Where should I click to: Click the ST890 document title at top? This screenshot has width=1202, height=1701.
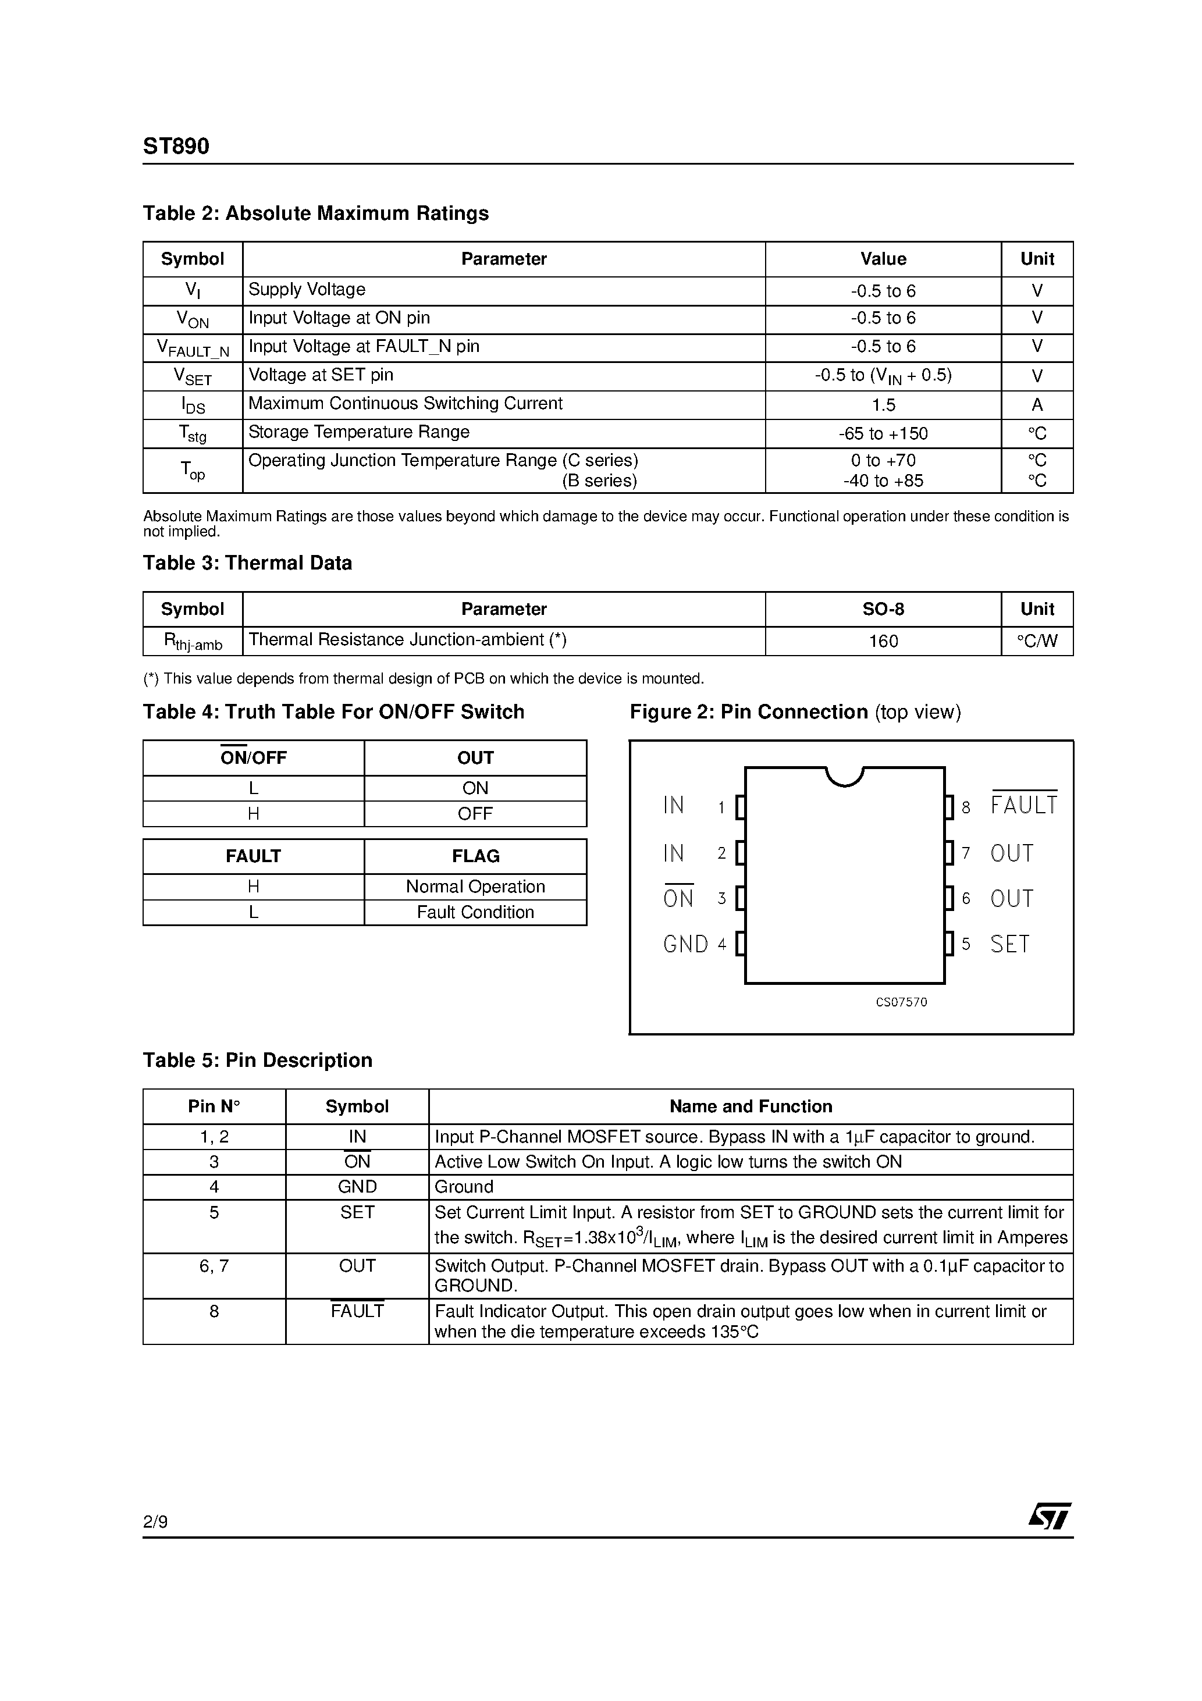click(176, 146)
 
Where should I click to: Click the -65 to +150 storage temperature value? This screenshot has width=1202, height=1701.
click(883, 433)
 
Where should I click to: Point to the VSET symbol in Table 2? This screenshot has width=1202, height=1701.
click(193, 376)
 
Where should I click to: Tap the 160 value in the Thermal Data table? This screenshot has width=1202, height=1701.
click(883, 641)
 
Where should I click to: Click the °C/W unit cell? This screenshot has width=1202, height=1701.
click(1037, 641)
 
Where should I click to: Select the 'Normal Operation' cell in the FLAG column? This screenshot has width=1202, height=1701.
click(475, 887)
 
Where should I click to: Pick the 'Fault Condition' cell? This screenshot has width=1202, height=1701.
click(475, 912)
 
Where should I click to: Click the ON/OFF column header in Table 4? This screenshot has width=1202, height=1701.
click(254, 758)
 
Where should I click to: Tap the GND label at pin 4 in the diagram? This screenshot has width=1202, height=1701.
click(685, 944)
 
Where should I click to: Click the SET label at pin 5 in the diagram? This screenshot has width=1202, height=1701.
click(1009, 944)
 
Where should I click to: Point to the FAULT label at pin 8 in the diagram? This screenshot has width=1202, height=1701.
click(1024, 805)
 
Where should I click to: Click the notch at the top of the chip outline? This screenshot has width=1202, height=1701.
click(844, 775)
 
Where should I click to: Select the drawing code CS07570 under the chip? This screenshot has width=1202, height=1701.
click(901, 1002)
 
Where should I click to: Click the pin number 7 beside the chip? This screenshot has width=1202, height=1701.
click(966, 853)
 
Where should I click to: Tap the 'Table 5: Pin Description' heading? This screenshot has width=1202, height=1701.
click(257, 1060)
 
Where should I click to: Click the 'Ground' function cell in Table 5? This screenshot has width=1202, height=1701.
click(464, 1187)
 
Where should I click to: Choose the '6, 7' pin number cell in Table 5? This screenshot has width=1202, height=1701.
click(214, 1266)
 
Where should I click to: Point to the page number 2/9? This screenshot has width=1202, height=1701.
click(155, 1522)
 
